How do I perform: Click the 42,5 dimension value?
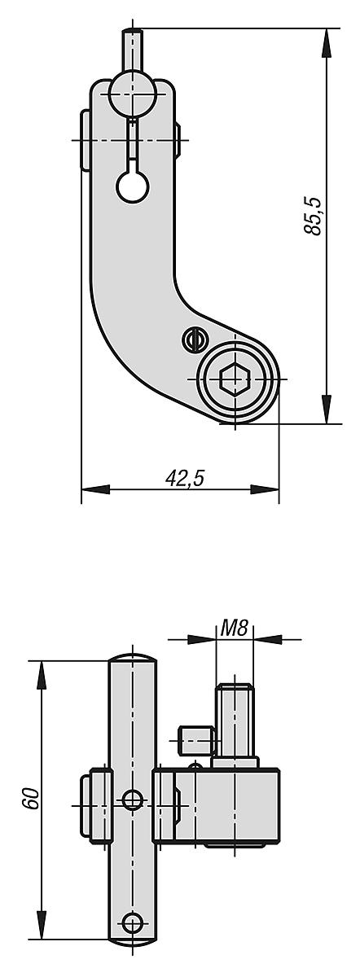tap(184, 478)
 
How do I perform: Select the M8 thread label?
tap(234, 628)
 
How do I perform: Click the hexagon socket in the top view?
tap(235, 379)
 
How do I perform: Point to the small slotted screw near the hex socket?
tap(193, 337)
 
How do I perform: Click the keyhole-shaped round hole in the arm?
tap(132, 185)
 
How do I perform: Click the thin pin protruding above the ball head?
tap(132, 49)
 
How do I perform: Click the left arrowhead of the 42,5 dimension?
tap(95, 489)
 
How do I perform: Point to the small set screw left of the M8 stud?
tap(195, 740)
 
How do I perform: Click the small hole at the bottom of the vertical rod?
tap(132, 922)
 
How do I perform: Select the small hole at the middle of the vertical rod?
tap(132, 800)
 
